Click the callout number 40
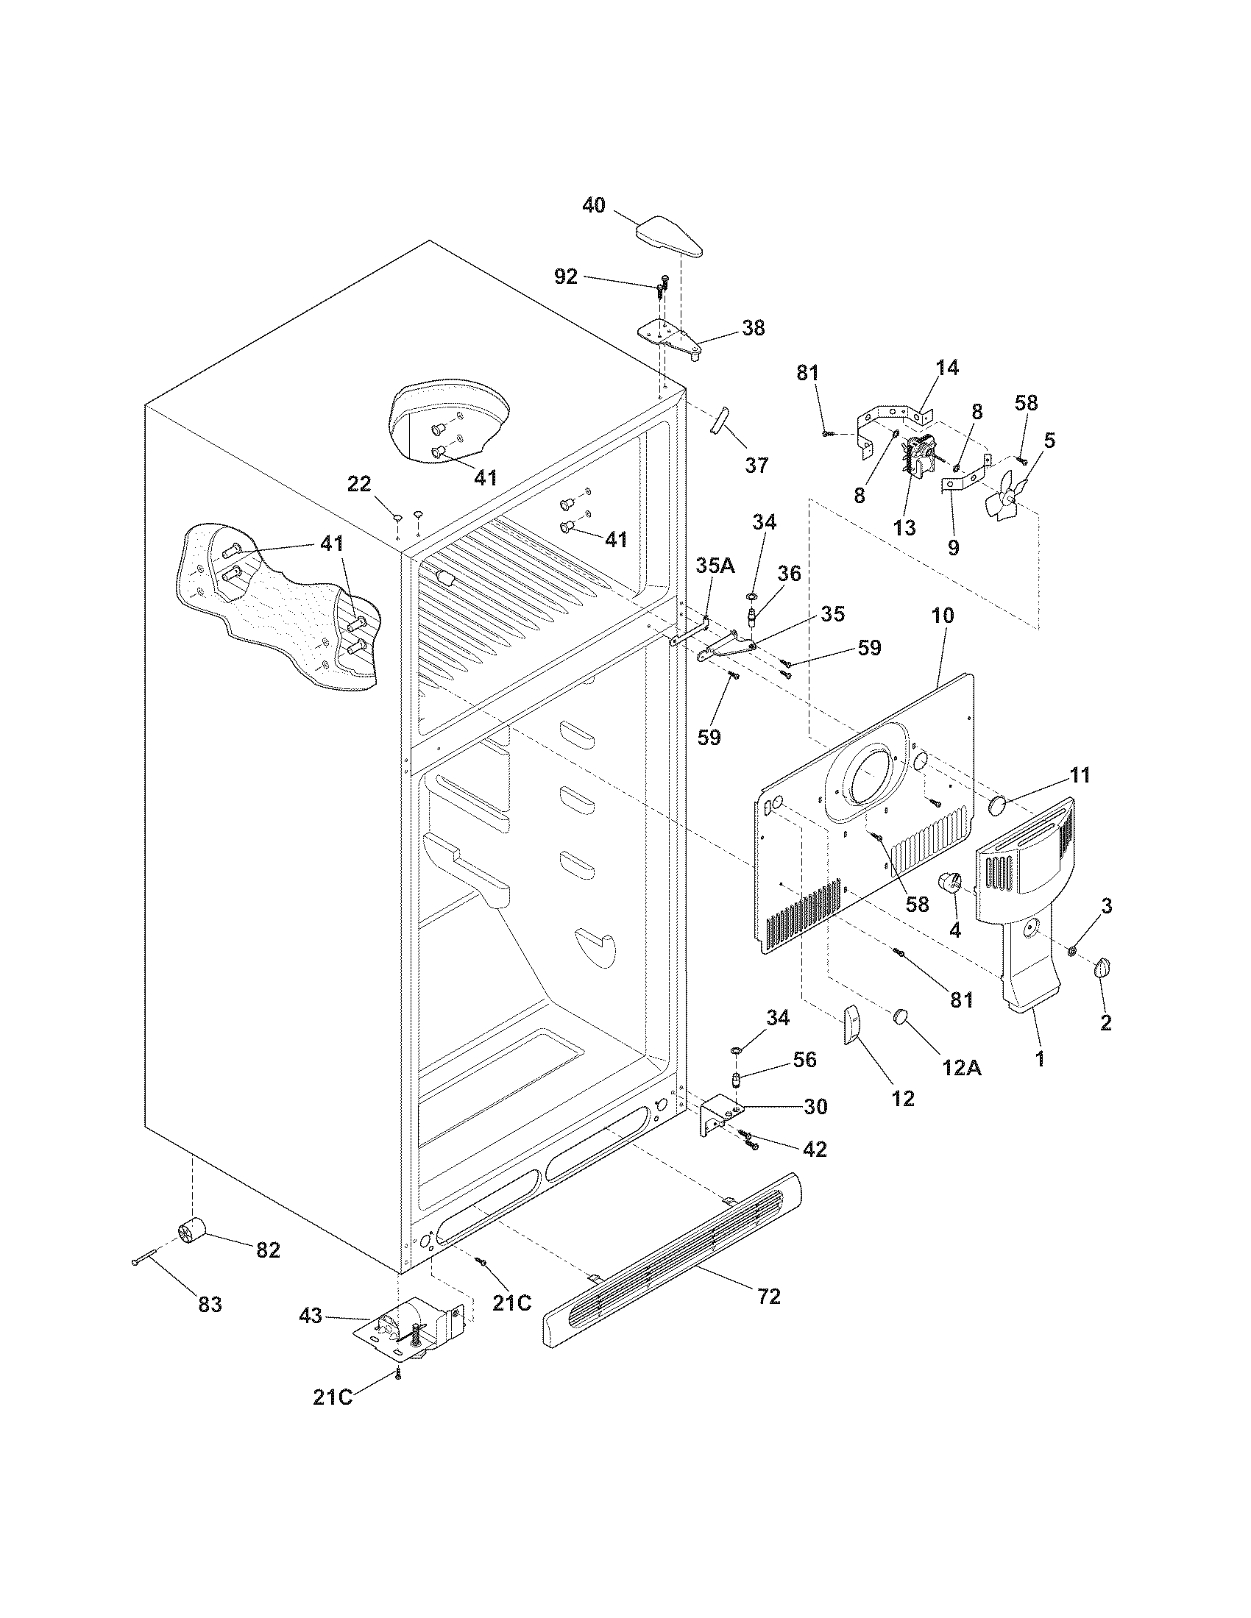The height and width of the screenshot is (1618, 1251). click(x=593, y=205)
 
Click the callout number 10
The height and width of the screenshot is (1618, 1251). click(x=943, y=615)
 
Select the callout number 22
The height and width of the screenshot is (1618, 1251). click(x=358, y=484)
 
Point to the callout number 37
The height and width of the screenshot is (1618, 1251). click(x=756, y=466)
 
